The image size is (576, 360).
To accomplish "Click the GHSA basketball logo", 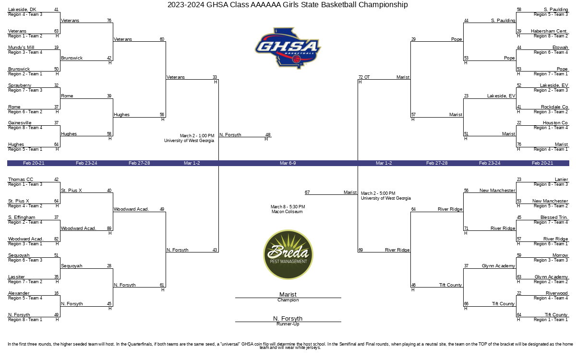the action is [288, 48].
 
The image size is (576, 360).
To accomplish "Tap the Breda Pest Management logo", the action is [288, 254].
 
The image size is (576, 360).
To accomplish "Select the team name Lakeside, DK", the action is [22, 10].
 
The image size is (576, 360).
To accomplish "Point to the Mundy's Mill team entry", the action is [21, 48].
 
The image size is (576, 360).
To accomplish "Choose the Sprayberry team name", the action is [20, 85].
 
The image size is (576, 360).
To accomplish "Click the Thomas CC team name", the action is [21, 180].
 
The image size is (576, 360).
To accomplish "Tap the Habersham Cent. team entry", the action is [549, 31].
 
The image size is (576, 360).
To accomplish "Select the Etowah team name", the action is [560, 48].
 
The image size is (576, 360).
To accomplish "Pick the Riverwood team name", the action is [557, 293].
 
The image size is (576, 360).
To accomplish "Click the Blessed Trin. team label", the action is [554, 217].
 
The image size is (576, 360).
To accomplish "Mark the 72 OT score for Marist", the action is [364, 77].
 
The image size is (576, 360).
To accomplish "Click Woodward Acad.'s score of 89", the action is [109, 228].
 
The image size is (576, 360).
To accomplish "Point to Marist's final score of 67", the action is [307, 192].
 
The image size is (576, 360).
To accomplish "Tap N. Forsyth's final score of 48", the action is [268, 135].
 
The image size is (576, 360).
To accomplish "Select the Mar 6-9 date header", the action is [288, 163].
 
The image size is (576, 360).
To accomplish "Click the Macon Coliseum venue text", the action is [287, 212].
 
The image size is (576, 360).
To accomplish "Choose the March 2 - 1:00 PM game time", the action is [197, 136].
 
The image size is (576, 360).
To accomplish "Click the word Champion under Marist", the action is [288, 300].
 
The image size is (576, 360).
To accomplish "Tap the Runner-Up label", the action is [288, 324].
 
